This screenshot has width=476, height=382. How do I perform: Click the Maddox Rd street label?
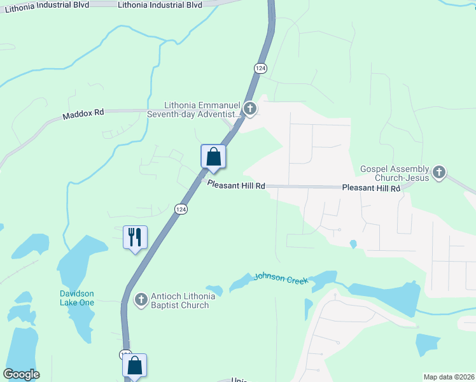pyautogui.click(x=83, y=114)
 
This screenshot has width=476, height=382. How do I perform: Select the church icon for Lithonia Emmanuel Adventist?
pyautogui.click(x=249, y=110)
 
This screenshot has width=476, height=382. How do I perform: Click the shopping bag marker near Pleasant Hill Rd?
pyautogui.click(x=213, y=157)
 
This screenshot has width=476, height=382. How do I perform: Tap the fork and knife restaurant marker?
pyautogui.click(x=135, y=237)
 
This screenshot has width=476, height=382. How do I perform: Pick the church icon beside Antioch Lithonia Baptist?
pyautogui.click(x=141, y=299)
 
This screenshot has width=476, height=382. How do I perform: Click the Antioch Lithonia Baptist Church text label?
pyautogui.click(x=179, y=301)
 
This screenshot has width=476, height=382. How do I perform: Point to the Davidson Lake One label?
pyautogui.click(x=77, y=298)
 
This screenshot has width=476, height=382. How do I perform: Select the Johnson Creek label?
pyautogui.click(x=281, y=278)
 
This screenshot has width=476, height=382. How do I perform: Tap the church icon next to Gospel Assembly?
pyautogui.click(x=438, y=172)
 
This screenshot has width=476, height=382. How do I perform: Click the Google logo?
pyautogui.click(x=21, y=374)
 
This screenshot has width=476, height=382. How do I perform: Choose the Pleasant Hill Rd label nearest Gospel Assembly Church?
pyautogui.click(x=371, y=188)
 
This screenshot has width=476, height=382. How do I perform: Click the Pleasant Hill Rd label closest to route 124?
pyautogui.click(x=236, y=185)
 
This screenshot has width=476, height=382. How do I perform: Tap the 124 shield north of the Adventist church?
pyautogui.click(x=260, y=67)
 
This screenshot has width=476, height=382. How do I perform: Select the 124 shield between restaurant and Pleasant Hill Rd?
pyautogui.click(x=181, y=209)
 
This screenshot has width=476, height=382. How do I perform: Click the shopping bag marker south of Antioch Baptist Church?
pyautogui.click(x=134, y=365)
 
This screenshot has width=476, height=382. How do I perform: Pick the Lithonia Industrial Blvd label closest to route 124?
pyautogui.click(x=160, y=4)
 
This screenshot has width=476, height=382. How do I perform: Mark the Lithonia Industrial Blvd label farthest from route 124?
pyautogui.click(x=42, y=4)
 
